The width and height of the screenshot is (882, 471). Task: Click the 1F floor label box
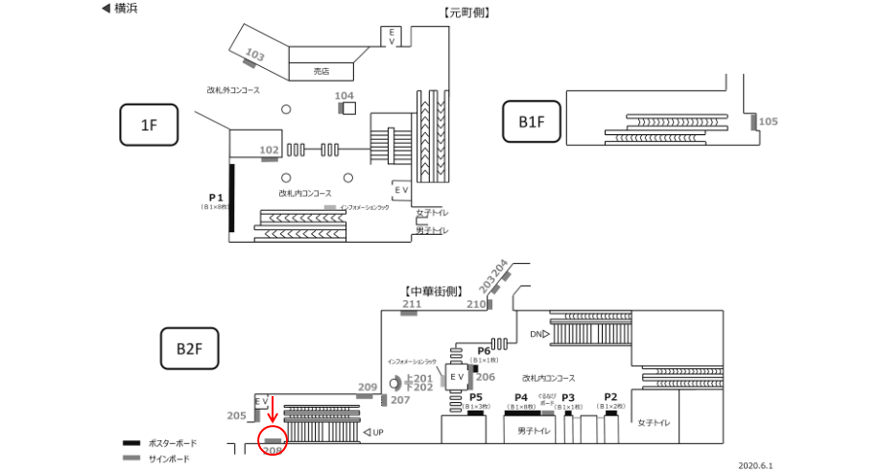pos(149,125)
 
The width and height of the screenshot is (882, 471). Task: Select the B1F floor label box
pos(531,122)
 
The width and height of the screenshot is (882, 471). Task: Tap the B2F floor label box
pos(188,348)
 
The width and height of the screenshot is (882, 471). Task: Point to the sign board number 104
pos(345,96)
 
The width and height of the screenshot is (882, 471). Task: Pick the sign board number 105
pos(768,122)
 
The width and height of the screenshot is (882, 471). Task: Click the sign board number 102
pos(270,150)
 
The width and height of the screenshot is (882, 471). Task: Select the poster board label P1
pos(216,197)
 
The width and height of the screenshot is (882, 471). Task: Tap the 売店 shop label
pos(322,70)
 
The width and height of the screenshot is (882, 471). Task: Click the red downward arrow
pos(272,410)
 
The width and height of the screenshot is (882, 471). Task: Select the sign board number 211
pos(412,305)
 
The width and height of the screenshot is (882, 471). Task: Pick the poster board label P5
pos(474,397)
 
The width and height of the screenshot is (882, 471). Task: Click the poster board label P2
pos(610,397)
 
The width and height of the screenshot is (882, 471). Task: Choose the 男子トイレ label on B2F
pos(533,432)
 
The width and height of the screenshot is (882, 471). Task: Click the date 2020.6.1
pos(755,464)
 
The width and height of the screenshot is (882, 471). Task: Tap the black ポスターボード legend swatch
pos(131,443)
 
